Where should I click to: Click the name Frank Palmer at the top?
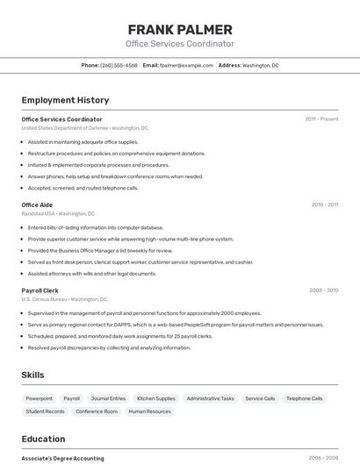(180, 29)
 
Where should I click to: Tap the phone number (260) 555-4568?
(119, 65)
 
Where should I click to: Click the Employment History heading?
(65, 100)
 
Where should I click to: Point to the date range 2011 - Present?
(321, 119)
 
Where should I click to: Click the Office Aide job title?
(37, 205)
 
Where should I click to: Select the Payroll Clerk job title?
(40, 290)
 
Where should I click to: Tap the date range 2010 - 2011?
(325, 205)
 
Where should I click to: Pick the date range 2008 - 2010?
(323, 290)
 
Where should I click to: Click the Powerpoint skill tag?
(40, 398)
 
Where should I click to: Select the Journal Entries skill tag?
(108, 398)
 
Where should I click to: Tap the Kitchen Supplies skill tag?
(156, 398)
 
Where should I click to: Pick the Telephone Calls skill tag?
(305, 398)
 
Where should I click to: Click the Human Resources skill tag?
(150, 411)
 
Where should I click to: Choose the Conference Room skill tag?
(97, 411)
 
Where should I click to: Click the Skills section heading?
(32, 376)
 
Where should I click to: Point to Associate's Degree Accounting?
(62, 458)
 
